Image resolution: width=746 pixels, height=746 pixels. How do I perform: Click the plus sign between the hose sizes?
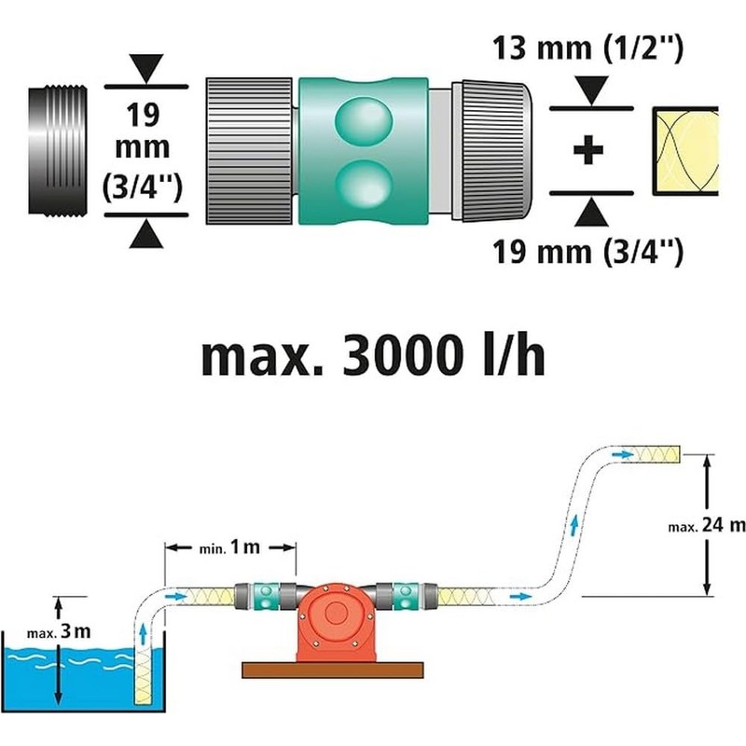[587, 151]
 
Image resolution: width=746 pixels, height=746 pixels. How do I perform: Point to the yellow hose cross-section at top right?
[685, 151]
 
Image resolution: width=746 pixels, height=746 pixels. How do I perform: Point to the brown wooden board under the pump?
[330, 669]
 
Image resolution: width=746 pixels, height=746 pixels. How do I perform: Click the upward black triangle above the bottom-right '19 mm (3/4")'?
[587, 215]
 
